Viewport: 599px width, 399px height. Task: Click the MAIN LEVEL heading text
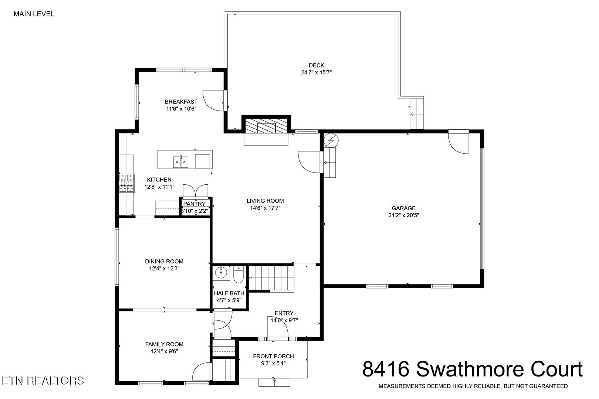click(34, 14)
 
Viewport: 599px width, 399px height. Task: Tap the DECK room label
click(317, 65)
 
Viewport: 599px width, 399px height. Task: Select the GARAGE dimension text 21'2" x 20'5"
click(403, 215)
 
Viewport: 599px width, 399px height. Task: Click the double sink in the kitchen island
click(181, 162)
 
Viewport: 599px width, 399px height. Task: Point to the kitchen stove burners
click(126, 183)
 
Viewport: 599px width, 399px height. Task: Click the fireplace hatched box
click(266, 126)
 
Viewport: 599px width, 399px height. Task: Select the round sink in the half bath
click(222, 273)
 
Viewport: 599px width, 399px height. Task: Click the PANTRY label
click(194, 204)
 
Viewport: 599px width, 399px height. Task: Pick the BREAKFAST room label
click(181, 102)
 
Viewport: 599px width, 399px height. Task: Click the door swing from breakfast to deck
click(214, 100)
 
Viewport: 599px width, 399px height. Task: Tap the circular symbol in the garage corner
click(329, 140)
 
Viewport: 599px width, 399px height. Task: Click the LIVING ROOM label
click(265, 201)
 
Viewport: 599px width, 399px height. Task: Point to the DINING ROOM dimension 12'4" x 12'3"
click(164, 269)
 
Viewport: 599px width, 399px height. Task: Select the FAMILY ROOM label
click(164, 344)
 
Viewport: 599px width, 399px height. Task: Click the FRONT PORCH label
click(273, 356)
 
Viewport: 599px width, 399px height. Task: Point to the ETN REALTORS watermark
click(43, 380)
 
